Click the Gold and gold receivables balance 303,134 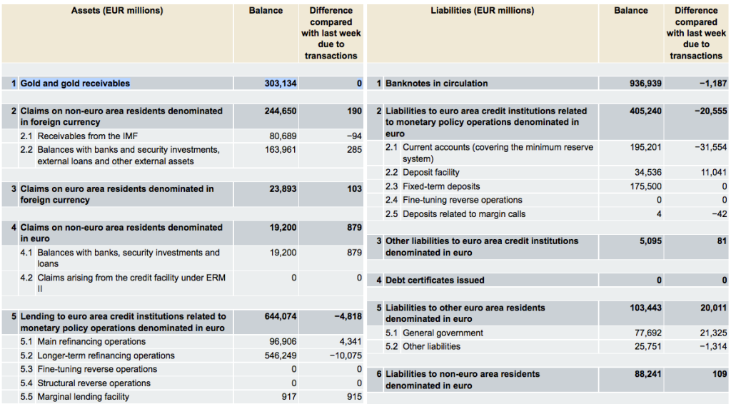(281, 84)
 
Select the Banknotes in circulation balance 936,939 (645, 84)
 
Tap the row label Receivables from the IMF (88, 136)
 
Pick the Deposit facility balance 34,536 (648, 173)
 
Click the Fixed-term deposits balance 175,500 (645, 186)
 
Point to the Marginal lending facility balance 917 (289, 397)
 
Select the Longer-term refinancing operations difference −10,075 (346, 355)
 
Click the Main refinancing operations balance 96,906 (283, 342)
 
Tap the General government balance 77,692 (648, 333)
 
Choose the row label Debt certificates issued (435, 280)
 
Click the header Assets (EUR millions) (117, 11)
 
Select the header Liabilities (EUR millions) (483, 11)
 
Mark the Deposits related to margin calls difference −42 (720, 214)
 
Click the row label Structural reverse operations (94, 383)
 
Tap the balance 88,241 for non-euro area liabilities (648, 374)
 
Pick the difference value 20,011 (713, 308)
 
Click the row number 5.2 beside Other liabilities (392, 347)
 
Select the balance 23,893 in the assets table (283, 188)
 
